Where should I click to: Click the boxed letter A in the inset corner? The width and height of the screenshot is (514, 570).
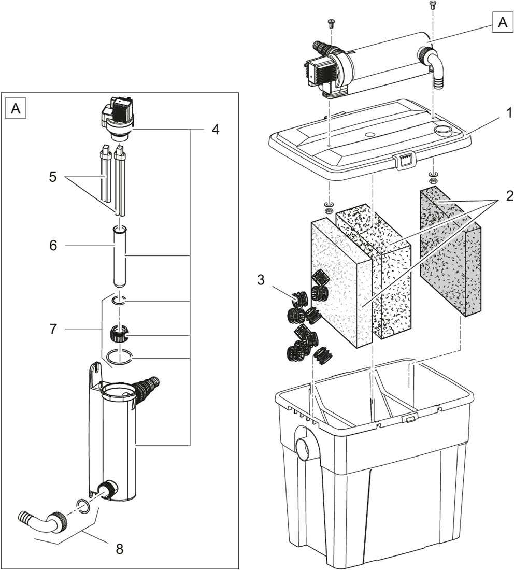click(x=16, y=108)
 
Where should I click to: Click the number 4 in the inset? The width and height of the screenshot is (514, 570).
click(x=215, y=130)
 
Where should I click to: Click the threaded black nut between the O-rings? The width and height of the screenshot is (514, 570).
click(x=120, y=332)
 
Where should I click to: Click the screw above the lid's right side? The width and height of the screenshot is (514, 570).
click(x=432, y=6)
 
